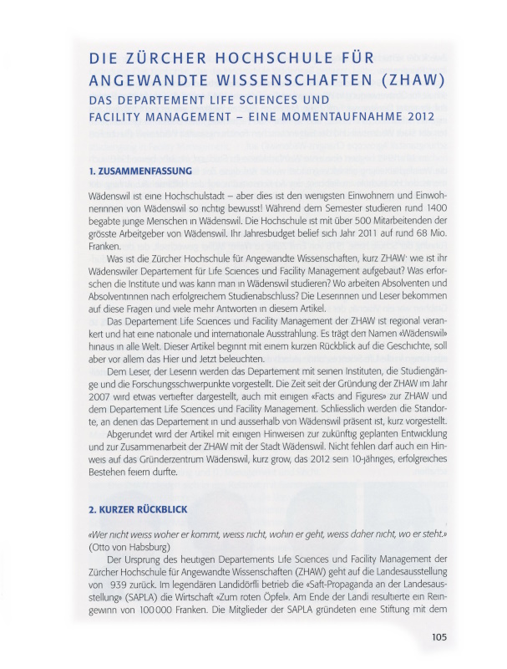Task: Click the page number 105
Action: (x=440, y=637)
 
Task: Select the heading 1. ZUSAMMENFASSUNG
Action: (x=140, y=171)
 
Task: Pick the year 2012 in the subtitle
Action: (x=417, y=116)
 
